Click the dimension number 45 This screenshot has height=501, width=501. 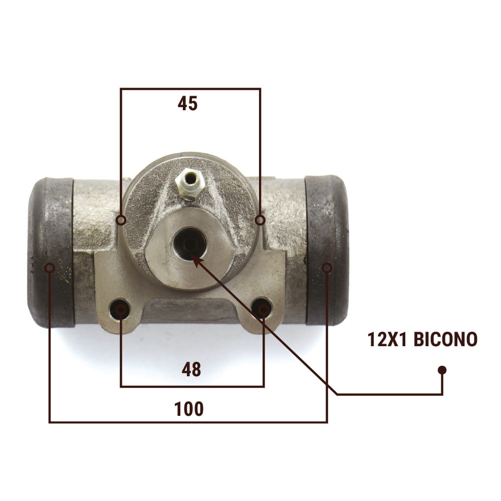(x=187, y=104)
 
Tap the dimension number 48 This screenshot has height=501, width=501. (x=191, y=369)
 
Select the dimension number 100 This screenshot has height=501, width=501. (x=189, y=409)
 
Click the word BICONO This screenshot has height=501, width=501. (x=445, y=339)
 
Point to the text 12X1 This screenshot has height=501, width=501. (x=387, y=339)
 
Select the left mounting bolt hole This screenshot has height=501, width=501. (x=120, y=309)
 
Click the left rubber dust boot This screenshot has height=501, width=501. (x=51, y=253)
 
